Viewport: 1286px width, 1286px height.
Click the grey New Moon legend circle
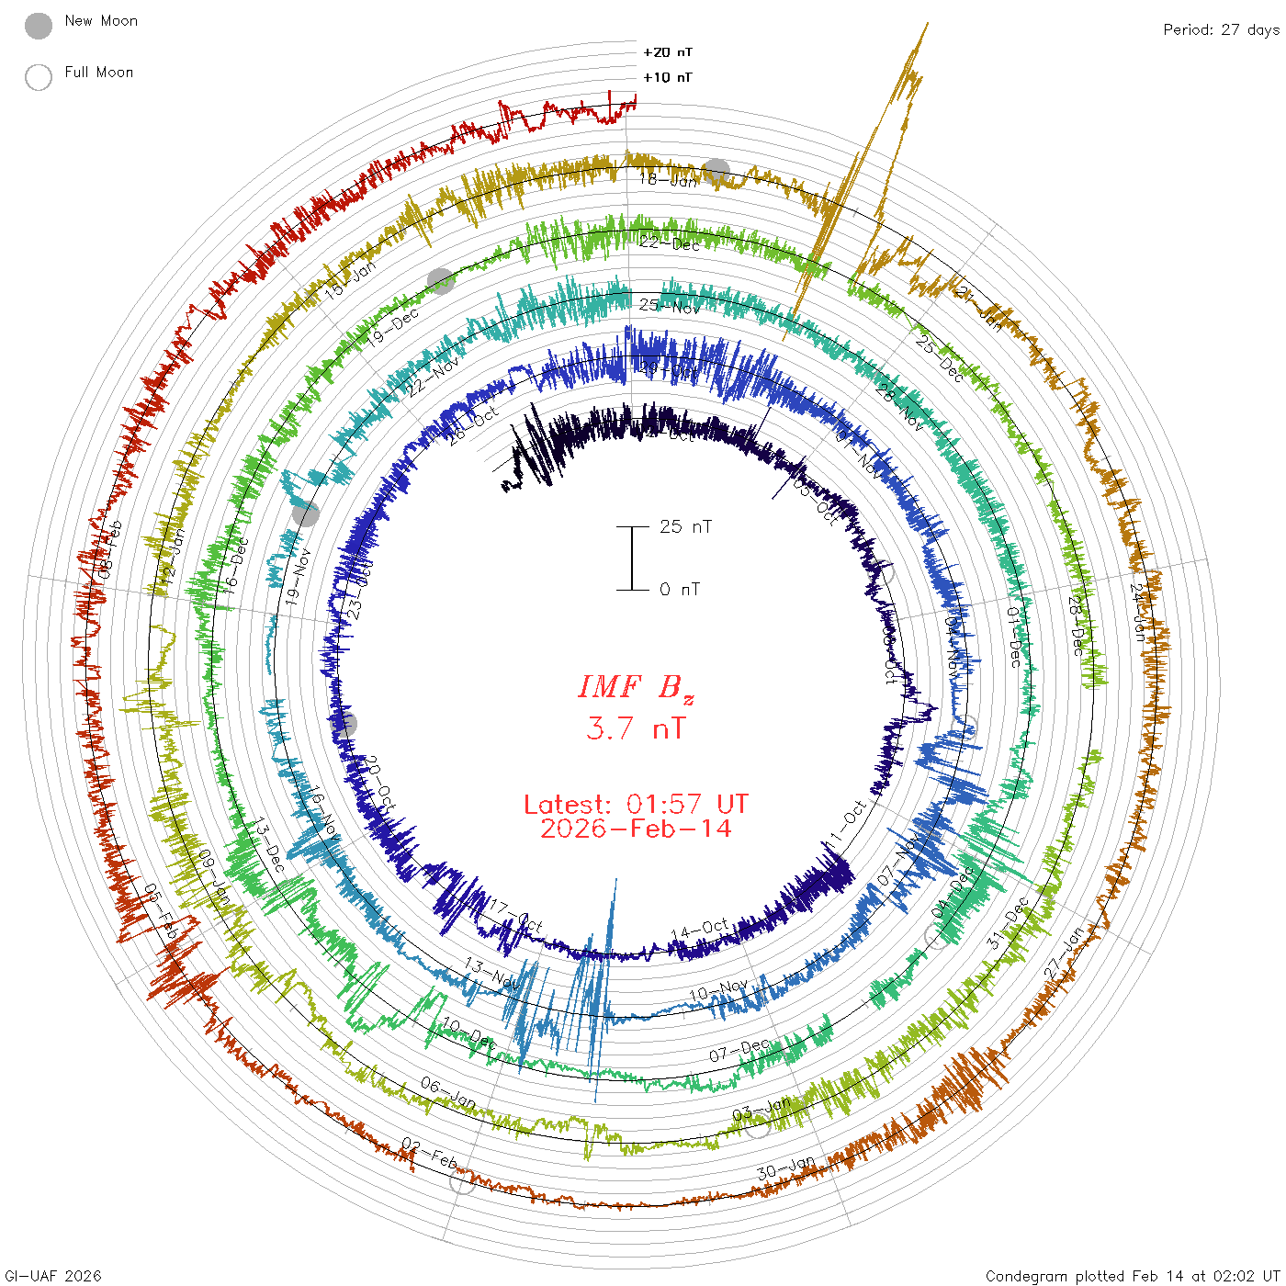pos(39,27)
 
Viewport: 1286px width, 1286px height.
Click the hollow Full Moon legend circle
pos(39,77)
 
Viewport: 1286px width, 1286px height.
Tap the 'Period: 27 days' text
pos(1221,29)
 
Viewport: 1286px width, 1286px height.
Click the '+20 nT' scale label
pos(668,52)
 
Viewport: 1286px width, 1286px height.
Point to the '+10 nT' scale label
pos(668,77)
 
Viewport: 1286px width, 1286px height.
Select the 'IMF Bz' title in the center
pos(636,687)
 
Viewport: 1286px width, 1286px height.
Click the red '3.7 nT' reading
pos(636,728)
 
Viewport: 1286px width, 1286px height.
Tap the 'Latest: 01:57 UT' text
pos(636,805)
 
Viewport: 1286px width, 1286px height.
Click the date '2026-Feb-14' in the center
pos(636,829)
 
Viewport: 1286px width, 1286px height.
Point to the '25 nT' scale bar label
pos(685,526)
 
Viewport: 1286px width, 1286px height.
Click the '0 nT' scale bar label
pos(680,589)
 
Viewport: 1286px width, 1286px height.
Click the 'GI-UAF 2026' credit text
pos(51,1275)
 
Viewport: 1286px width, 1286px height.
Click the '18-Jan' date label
pos(669,180)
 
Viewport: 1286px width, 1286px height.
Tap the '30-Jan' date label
pos(786,1168)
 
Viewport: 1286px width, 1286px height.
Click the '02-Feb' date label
pos(430,1154)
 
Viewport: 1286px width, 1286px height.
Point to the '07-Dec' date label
pos(739,1050)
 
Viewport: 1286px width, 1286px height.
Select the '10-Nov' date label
pos(718,991)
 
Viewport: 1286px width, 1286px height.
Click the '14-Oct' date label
pos(700,930)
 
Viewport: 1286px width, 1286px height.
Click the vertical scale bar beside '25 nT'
pos(632,558)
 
